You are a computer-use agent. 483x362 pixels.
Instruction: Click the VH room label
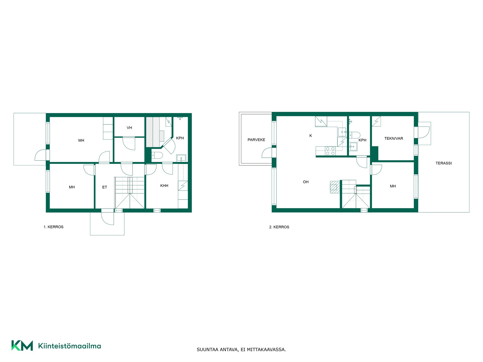pyautogui.click(x=129, y=128)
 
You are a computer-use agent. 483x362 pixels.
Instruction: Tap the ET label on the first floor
pyautogui.click(x=105, y=187)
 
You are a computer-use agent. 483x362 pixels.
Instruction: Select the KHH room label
pyautogui.click(x=164, y=186)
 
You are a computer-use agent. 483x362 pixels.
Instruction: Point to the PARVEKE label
pyautogui.click(x=256, y=140)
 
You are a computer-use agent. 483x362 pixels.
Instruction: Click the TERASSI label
pyautogui.click(x=444, y=163)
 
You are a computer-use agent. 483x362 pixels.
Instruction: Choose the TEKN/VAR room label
pyautogui.click(x=394, y=139)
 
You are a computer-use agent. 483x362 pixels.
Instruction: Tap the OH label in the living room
pyautogui.click(x=306, y=182)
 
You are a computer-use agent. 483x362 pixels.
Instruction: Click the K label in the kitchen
pyautogui.click(x=311, y=136)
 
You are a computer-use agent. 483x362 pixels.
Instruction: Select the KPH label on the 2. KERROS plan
pyautogui.click(x=363, y=140)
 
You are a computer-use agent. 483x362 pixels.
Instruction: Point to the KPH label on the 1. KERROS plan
pyautogui.click(x=180, y=138)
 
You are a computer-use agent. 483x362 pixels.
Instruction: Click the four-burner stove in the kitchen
pyautogui.click(x=330, y=151)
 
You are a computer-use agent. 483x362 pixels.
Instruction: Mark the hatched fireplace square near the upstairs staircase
pyautogui.click(x=334, y=187)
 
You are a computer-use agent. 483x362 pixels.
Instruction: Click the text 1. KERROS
pyautogui.click(x=53, y=227)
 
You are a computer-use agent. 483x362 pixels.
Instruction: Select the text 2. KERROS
pyautogui.click(x=279, y=227)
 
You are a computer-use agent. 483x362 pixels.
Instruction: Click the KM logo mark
pyautogui.click(x=22, y=346)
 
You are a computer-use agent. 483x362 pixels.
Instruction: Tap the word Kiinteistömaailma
pyautogui.click(x=69, y=346)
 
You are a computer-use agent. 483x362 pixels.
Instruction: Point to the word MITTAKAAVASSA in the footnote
pyautogui.click(x=266, y=350)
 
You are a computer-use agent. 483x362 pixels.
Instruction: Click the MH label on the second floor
pyautogui.click(x=393, y=186)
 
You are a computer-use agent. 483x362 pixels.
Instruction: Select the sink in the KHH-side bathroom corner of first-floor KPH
pyautogui.click(x=181, y=158)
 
